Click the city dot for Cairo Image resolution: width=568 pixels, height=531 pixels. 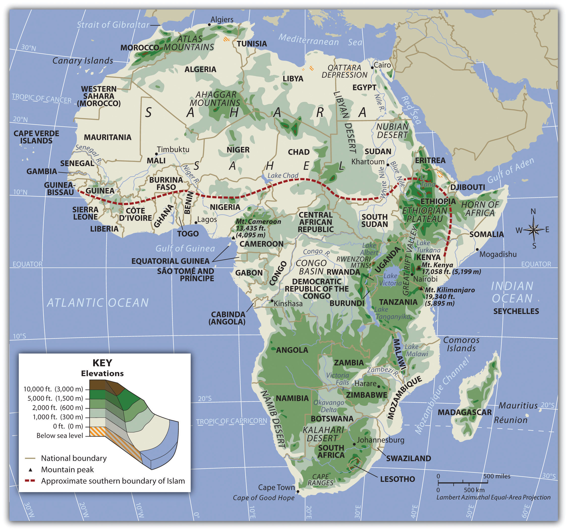coord(372,68)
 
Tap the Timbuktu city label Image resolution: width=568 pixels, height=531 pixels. coord(173,149)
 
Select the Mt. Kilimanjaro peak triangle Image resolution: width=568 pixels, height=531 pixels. coord(421,289)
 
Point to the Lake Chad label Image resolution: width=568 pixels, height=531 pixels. coord(283,176)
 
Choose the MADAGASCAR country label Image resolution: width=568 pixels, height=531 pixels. coord(465,412)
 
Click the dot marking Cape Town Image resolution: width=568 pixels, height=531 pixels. coord(298,492)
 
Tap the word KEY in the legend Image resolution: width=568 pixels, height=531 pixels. coord(102,363)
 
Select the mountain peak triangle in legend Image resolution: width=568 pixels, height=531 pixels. coord(30,470)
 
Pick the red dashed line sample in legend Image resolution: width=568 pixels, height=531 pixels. coord(30,481)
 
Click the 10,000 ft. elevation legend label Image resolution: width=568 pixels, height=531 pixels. coord(53,389)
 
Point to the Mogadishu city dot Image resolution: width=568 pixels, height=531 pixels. coord(477,249)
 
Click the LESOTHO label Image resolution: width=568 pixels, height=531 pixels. coord(398,479)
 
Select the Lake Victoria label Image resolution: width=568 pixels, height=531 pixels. coord(390,279)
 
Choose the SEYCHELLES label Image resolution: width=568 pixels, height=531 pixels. coord(516,311)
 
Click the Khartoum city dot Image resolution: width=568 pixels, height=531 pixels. coord(388,165)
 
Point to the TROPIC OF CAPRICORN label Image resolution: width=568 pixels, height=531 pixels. coord(231,421)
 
